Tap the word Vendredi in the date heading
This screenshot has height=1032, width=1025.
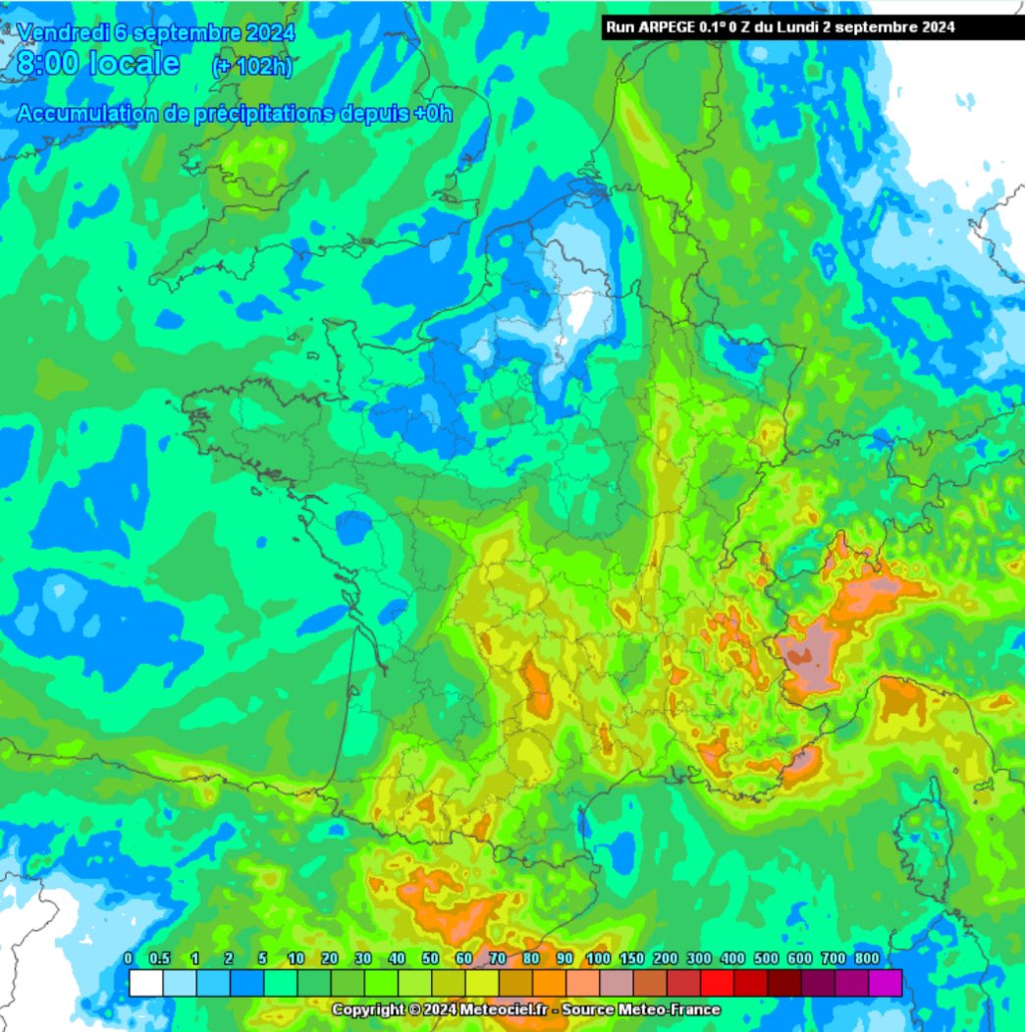[x=58, y=32]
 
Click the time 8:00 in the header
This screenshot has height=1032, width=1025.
[x=50, y=65]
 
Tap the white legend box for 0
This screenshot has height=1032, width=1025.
[x=145, y=983]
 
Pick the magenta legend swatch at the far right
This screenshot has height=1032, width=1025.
[x=886, y=983]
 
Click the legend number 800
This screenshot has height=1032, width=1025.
[x=866, y=958]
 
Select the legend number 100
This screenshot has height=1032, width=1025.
[x=598, y=958]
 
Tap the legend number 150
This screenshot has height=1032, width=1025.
[x=632, y=958]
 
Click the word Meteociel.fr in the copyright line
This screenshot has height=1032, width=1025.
[x=486, y=1010]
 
